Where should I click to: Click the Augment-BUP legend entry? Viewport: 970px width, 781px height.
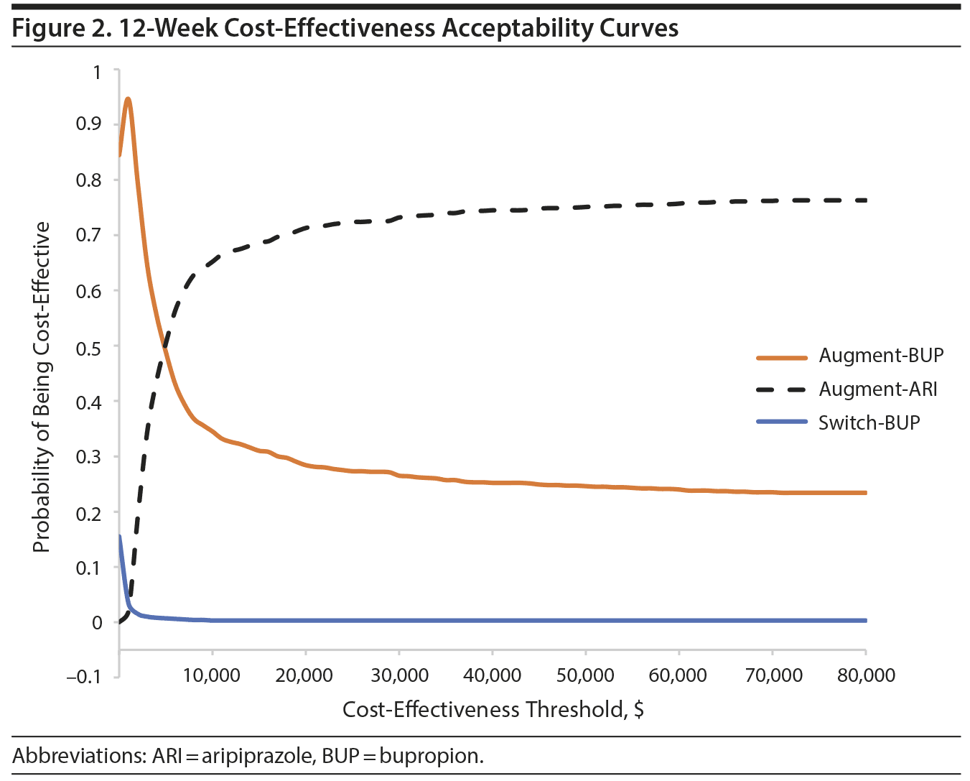pyautogui.click(x=881, y=356)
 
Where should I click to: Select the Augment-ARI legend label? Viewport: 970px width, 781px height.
pyautogui.click(x=877, y=389)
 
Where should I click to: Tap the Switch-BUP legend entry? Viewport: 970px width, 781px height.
pyautogui.click(x=869, y=422)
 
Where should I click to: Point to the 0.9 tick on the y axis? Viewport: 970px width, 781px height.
pyautogui.click(x=89, y=124)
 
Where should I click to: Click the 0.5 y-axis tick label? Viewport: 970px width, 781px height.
pyautogui.click(x=89, y=346)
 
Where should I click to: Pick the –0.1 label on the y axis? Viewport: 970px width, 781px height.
pyautogui.click(x=84, y=676)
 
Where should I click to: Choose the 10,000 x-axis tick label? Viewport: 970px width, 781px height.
pyautogui.click(x=212, y=675)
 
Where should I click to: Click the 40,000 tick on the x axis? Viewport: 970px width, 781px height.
pyautogui.click(x=492, y=675)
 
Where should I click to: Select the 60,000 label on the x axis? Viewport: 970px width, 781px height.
pyautogui.click(x=678, y=675)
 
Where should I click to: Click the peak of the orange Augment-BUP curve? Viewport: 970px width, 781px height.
pyautogui.click(x=128, y=99)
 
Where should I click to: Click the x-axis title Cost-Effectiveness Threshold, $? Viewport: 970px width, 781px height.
pyautogui.click(x=493, y=710)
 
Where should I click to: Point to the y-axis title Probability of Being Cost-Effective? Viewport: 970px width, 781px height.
pyautogui.click(x=42, y=387)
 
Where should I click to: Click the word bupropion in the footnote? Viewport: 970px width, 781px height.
pyautogui.click(x=431, y=756)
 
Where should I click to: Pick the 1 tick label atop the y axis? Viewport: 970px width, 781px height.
pyautogui.click(x=96, y=72)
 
